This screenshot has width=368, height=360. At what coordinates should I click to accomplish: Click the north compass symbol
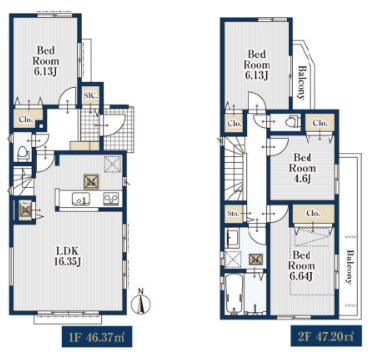pyautogui.click(x=142, y=303)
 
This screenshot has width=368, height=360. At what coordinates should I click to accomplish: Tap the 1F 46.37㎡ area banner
pyautogui.click(x=98, y=336)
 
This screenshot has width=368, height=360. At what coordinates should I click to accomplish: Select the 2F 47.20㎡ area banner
pyautogui.click(x=326, y=336)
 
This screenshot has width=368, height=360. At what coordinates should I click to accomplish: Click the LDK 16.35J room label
pyautogui.click(x=67, y=256)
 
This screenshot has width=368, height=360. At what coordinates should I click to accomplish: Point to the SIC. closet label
pyautogui.click(x=90, y=96)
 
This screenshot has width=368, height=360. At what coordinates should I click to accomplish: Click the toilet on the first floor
pyautogui.click(x=24, y=154)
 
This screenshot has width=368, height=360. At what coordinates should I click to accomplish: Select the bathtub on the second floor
pyautogui.click(x=235, y=294)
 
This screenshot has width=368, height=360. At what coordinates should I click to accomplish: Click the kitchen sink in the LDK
pyautogui.click(x=80, y=199)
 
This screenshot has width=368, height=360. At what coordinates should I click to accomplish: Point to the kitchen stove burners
pyautogui.click(x=111, y=199)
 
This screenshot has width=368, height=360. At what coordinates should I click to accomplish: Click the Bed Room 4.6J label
pyautogui.click(x=303, y=168)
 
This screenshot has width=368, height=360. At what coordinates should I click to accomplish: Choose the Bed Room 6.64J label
pyautogui.click(x=302, y=266)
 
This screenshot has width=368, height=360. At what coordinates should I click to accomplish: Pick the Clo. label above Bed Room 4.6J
pyautogui.click(x=320, y=123)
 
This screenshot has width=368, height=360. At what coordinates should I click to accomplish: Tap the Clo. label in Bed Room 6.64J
pyautogui.click(x=313, y=214)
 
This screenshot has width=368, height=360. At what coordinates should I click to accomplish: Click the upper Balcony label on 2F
pyautogui.click(x=301, y=82)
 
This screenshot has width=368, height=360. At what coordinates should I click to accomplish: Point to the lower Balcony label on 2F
pyautogui.click(x=348, y=267)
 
